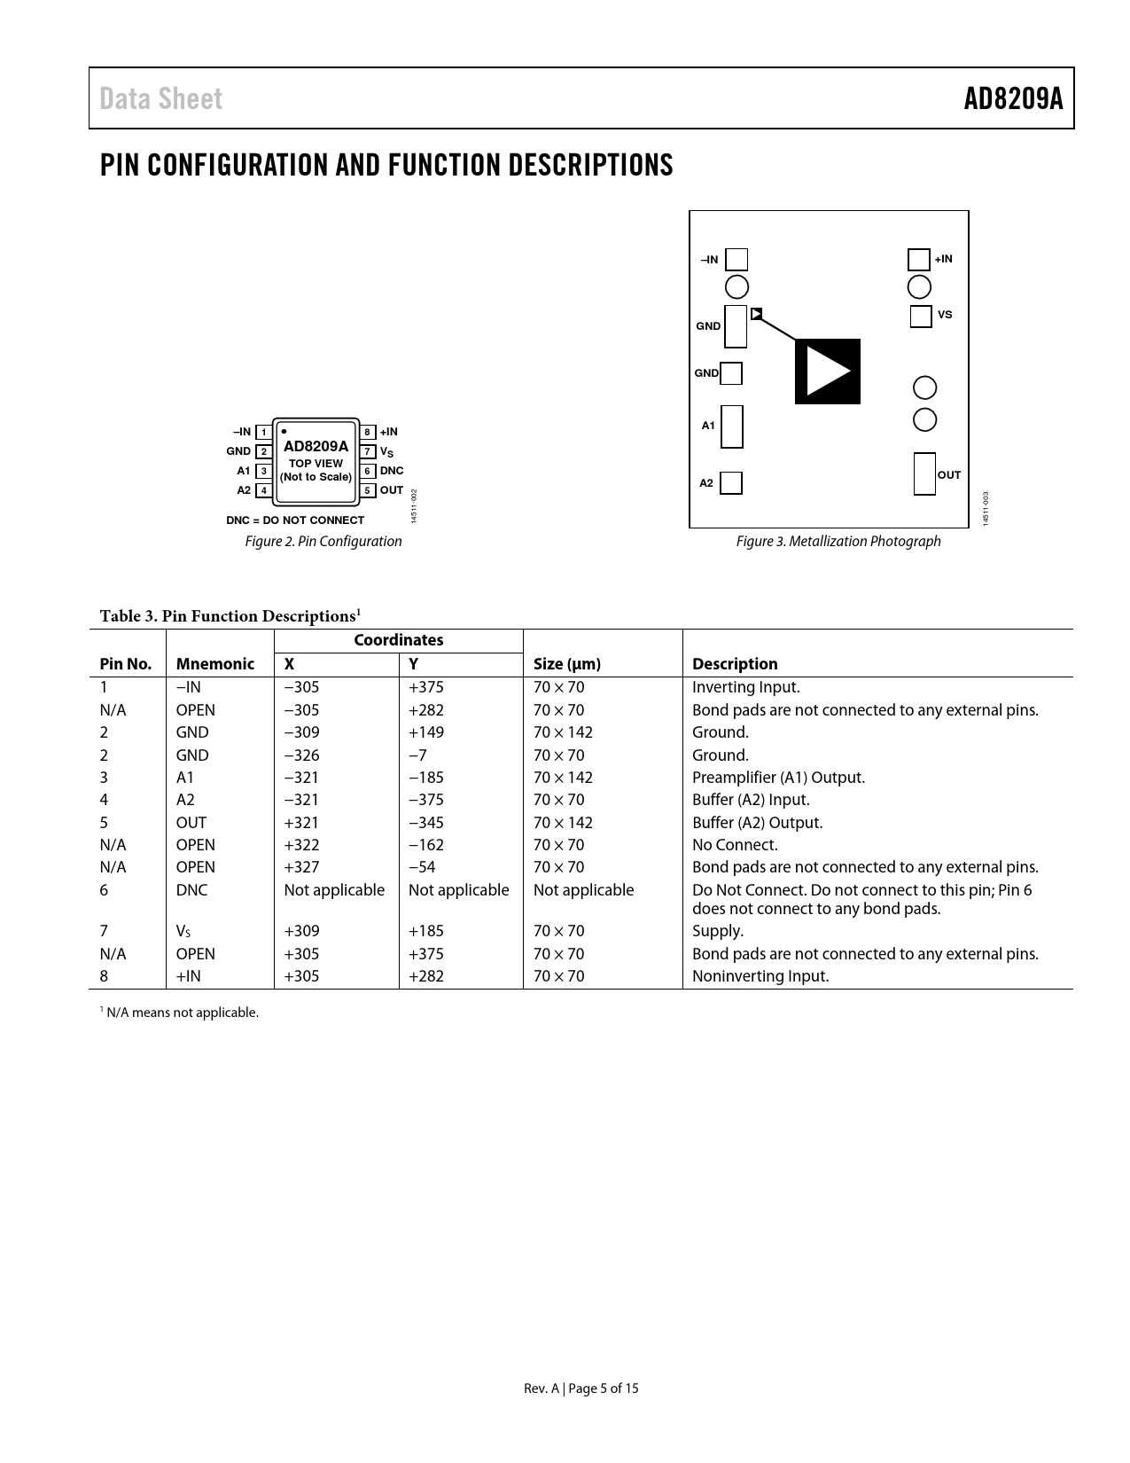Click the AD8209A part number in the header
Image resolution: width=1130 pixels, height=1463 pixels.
tap(1013, 98)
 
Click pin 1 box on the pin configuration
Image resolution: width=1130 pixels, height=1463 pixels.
tap(263, 433)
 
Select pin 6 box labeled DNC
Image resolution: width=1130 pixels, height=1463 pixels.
tap(367, 471)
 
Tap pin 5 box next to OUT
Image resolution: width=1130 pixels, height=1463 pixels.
tap(367, 490)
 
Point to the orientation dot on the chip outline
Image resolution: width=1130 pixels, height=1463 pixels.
tap(283, 431)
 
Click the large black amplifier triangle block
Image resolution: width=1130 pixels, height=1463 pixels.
tap(827, 372)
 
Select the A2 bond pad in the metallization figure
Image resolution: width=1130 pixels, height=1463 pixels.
tap(731, 483)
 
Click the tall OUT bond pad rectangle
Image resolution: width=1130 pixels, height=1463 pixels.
tap(924, 473)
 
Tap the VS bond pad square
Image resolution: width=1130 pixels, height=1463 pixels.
tap(921, 316)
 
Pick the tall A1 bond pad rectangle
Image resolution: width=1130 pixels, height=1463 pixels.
tap(731, 426)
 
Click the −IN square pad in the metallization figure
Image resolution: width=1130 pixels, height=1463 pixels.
tap(736, 260)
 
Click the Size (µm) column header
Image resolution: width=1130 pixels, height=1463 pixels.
tap(567, 664)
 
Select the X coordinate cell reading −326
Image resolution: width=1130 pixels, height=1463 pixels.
tap(301, 755)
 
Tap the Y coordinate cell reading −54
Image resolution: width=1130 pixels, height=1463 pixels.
tap(422, 867)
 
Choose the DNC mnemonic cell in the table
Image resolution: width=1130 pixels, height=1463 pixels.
tap(191, 890)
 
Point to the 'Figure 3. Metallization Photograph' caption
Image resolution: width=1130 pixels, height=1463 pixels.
tap(838, 541)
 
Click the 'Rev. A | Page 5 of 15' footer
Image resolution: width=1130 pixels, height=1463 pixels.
tap(581, 1389)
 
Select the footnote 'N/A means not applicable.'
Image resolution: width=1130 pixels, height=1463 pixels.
tap(182, 1013)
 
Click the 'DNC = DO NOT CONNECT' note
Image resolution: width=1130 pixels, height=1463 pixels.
tap(295, 520)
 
